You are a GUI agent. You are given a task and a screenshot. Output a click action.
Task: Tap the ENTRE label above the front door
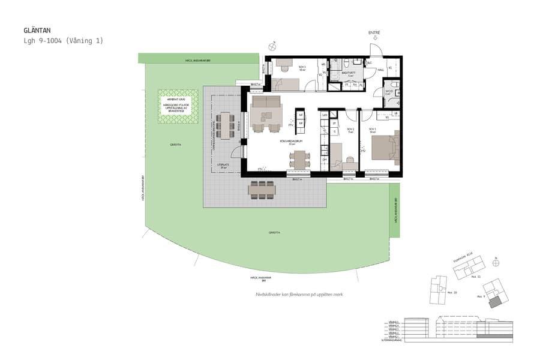point(374,33)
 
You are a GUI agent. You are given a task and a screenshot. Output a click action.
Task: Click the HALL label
point(380,70)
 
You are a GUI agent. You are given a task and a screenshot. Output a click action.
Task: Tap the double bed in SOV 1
point(385,148)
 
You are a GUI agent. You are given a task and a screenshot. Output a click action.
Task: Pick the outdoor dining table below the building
point(262,190)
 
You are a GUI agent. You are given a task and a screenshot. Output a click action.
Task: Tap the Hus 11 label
point(476,278)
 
